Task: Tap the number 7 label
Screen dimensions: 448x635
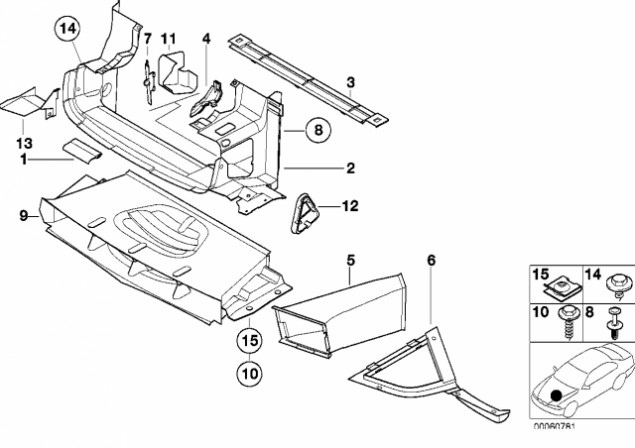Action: point(147,40)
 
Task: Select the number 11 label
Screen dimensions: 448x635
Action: point(169,40)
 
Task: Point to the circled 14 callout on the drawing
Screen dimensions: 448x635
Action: point(66,31)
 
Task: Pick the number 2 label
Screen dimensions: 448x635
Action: point(350,168)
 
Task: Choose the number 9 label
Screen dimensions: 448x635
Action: point(22,211)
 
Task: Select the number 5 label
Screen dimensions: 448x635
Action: point(350,260)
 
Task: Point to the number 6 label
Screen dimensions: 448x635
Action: point(432,260)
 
